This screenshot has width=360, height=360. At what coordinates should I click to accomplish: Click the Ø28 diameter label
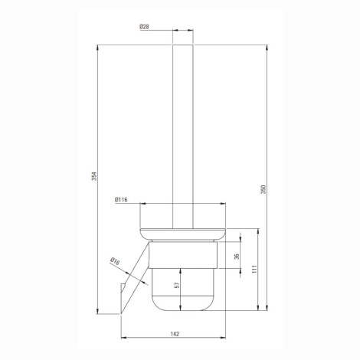click(144, 27)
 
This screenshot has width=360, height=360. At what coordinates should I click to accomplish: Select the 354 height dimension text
click(94, 176)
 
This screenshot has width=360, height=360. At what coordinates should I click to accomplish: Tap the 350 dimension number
click(263, 189)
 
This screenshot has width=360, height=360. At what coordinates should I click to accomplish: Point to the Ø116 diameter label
click(121, 200)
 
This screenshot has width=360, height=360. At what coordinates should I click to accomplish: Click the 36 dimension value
click(237, 257)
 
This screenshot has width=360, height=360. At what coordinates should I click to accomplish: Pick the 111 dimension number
click(254, 270)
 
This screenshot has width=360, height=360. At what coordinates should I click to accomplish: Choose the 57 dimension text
click(177, 285)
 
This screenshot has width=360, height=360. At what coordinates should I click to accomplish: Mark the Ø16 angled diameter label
click(115, 261)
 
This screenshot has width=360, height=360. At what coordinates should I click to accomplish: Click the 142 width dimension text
click(175, 334)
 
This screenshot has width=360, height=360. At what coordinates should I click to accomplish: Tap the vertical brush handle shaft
click(183, 136)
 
